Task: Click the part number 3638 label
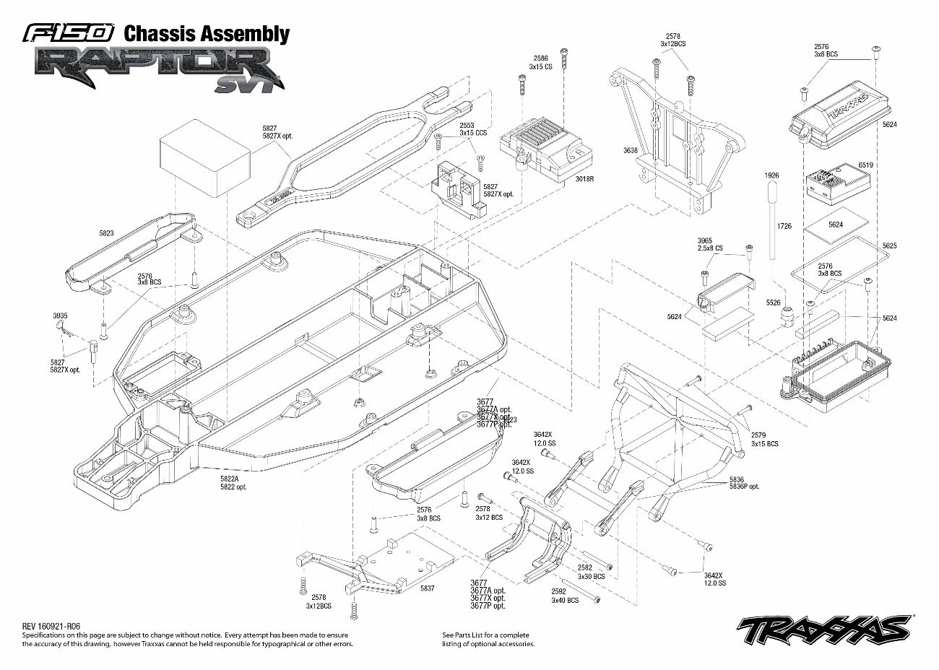coord(630,151)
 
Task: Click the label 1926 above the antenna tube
coord(772,175)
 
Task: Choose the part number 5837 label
coord(427,588)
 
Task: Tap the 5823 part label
coord(106,233)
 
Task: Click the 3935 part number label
coord(60,316)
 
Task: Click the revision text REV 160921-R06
coord(51,626)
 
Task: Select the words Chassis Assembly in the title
coord(207,33)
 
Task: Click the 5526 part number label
coord(774,303)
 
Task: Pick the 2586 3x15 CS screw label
coord(541,62)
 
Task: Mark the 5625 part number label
coord(889,246)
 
